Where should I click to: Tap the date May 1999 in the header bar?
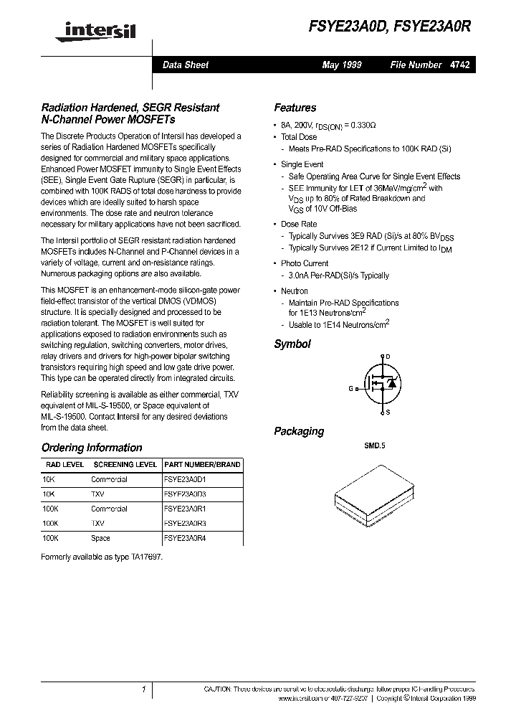pos(342,65)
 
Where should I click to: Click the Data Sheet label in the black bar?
pos(186,65)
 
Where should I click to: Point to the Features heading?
pos(295,108)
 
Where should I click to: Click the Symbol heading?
pos(292,344)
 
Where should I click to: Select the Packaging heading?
pos(299,431)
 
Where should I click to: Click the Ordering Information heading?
pos(92,448)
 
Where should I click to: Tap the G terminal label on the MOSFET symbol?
pos(351,388)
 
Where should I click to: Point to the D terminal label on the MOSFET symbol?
pos(388,357)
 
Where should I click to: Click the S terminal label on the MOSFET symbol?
pos(388,412)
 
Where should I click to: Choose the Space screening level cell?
pos(100,538)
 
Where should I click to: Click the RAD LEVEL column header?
pos(64,465)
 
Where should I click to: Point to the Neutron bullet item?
pos(295,291)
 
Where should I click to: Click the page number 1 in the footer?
pos(144,689)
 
